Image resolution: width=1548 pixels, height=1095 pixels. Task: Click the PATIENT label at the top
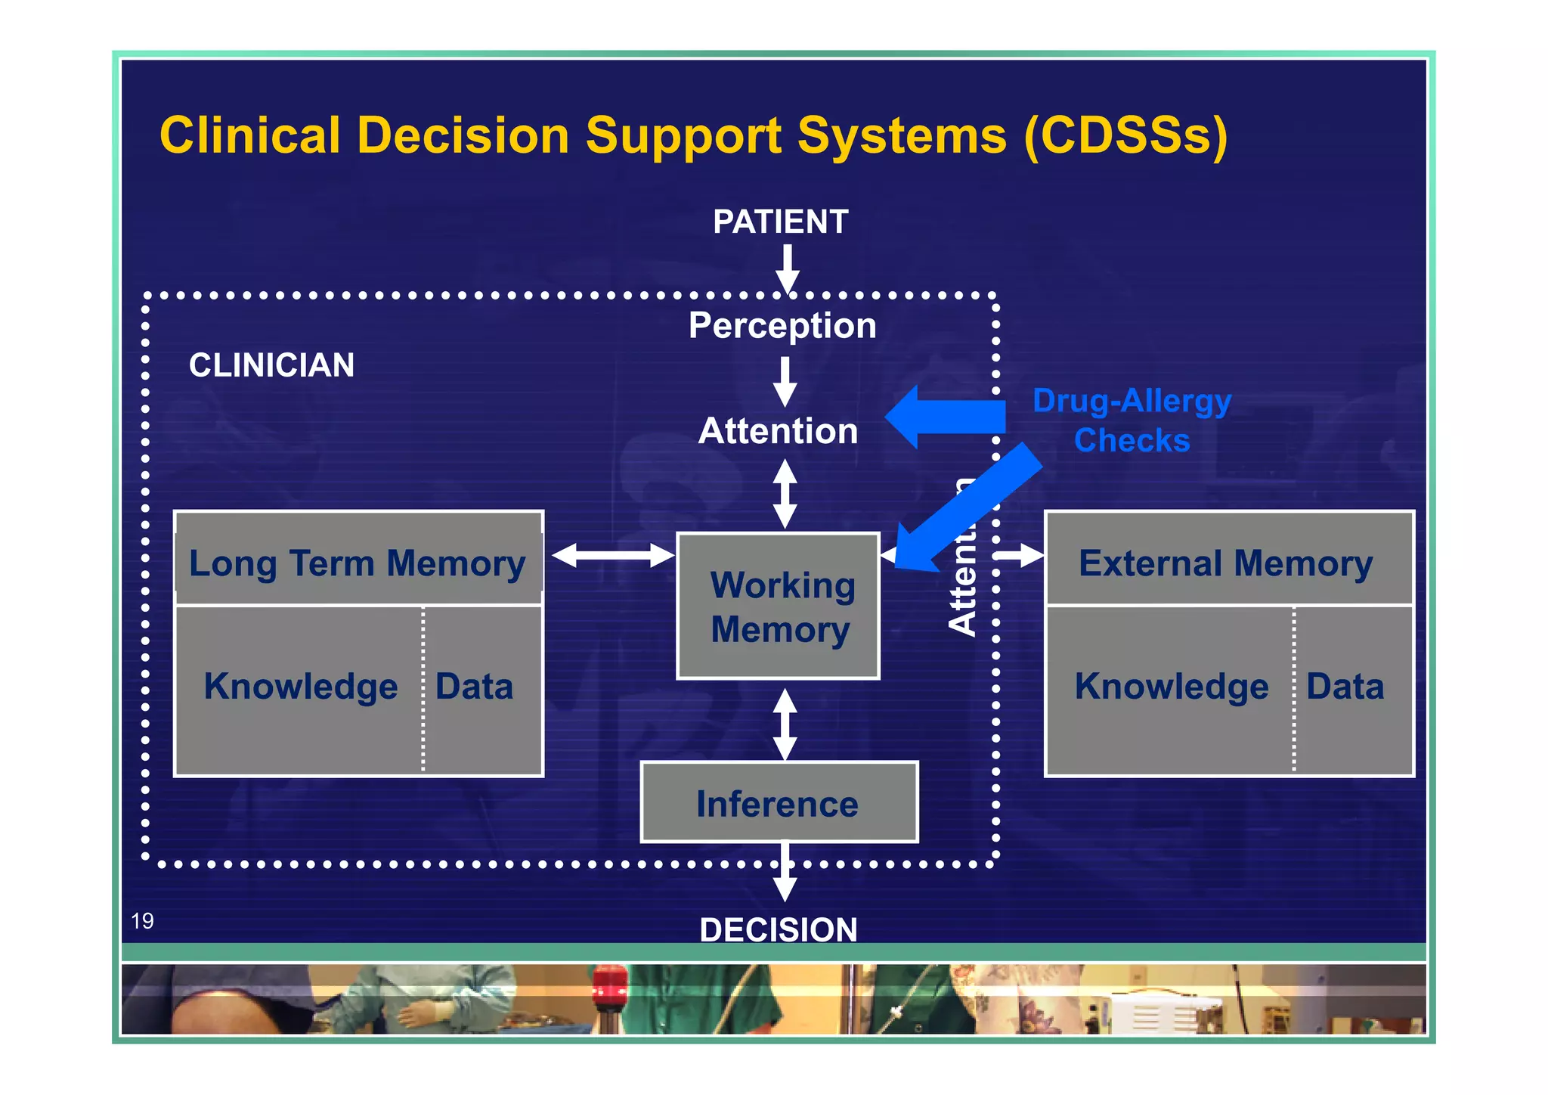[780, 222]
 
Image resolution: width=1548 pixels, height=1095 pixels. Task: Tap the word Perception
[782, 326]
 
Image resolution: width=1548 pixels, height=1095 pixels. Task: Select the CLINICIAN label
[271, 365]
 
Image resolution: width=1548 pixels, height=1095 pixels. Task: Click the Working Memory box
[779, 606]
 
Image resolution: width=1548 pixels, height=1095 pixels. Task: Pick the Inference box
[779, 803]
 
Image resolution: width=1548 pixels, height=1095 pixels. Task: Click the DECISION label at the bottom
[779, 929]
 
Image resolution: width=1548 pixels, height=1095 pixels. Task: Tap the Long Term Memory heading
[358, 563]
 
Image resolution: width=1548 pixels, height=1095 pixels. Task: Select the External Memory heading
[1225, 563]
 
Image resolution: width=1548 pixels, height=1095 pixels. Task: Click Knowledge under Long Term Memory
[301, 687]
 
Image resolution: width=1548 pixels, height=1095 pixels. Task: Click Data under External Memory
[1345, 687]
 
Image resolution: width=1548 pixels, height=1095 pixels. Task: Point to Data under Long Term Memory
[474, 687]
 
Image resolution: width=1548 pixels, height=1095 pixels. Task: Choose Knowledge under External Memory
[1172, 687]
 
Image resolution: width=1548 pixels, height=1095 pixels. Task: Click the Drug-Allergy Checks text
[1132, 420]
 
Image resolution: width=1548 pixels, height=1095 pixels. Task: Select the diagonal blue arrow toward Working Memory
[971, 507]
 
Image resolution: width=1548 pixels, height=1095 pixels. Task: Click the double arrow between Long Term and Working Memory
[612, 556]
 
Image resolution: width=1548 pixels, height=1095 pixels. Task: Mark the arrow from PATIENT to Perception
[788, 268]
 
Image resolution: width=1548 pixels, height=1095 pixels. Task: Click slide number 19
[142, 920]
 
